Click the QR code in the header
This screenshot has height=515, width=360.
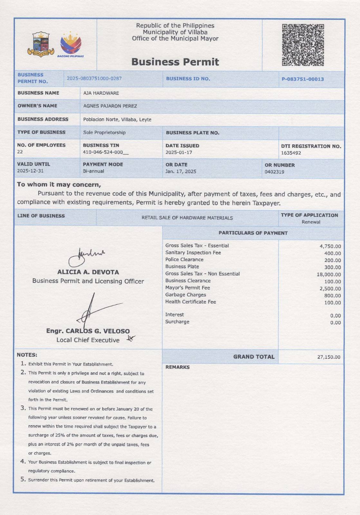coord(303,45)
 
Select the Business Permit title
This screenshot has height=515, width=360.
coord(175,62)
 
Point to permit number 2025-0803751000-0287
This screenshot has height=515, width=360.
coord(94,79)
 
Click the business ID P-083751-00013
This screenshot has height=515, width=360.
coord(303,79)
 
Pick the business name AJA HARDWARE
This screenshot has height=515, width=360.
coord(101,93)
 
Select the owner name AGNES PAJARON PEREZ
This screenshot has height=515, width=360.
coord(110,106)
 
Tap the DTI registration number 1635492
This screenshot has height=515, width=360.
coord(291,153)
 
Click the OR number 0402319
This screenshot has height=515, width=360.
coord(274,172)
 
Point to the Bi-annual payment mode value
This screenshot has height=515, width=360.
coord(93,171)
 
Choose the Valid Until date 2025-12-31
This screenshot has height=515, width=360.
coord(30,171)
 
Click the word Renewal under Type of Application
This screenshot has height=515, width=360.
coord(311,222)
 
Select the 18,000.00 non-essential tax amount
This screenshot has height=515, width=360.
coord(329,275)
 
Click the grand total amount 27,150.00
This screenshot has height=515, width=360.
coord(328,357)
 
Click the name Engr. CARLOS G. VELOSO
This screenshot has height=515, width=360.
coord(88,331)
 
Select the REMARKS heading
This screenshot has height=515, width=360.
coord(177,367)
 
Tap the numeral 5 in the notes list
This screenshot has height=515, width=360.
coord(23,479)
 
